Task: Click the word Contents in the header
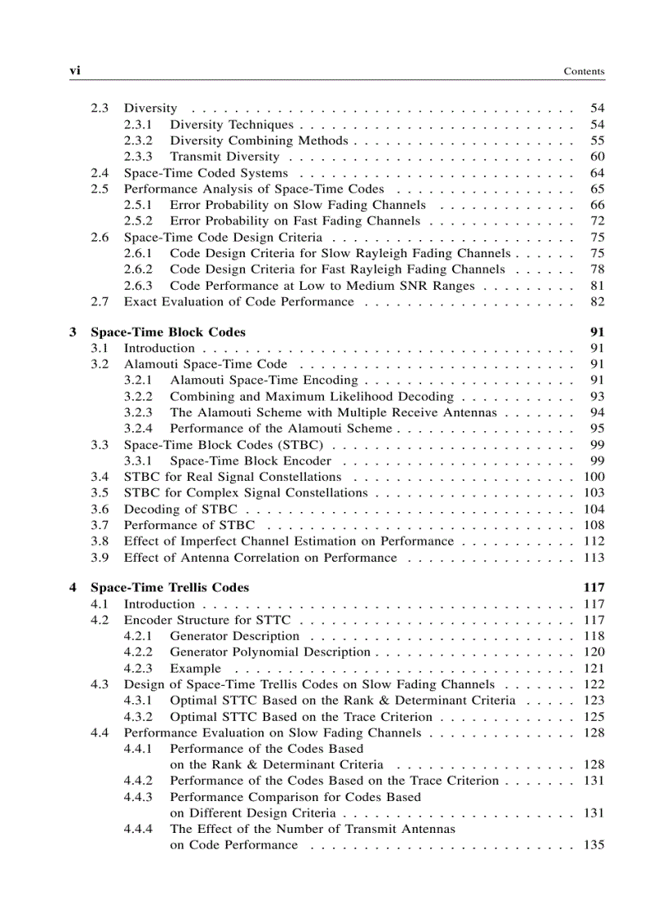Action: [584, 72]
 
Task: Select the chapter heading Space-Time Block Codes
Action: [167, 332]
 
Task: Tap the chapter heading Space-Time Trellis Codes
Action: [170, 588]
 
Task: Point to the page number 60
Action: [597, 157]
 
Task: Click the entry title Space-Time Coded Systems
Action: [205, 173]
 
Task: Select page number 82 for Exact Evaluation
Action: [597, 302]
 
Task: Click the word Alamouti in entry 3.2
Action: [150, 364]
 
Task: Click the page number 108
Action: [594, 525]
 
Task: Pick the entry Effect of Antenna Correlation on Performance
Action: [260, 558]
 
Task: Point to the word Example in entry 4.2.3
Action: [195, 669]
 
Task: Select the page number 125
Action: [594, 717]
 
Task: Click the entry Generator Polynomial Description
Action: [269, 652]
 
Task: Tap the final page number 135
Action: [594, 845]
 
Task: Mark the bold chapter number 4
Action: [73, 588]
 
